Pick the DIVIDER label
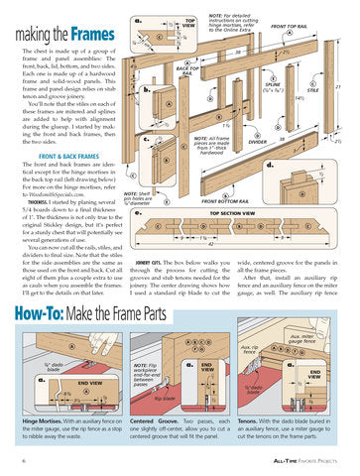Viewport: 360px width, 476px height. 258,142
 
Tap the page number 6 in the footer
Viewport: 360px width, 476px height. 23,461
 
